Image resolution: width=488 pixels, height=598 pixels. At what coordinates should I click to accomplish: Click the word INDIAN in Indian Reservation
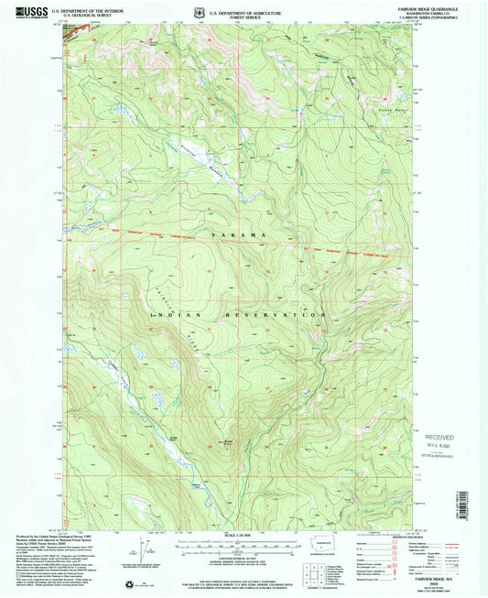tap(165, 314)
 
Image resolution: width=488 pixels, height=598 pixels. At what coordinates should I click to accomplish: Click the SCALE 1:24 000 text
tap(244, 536)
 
